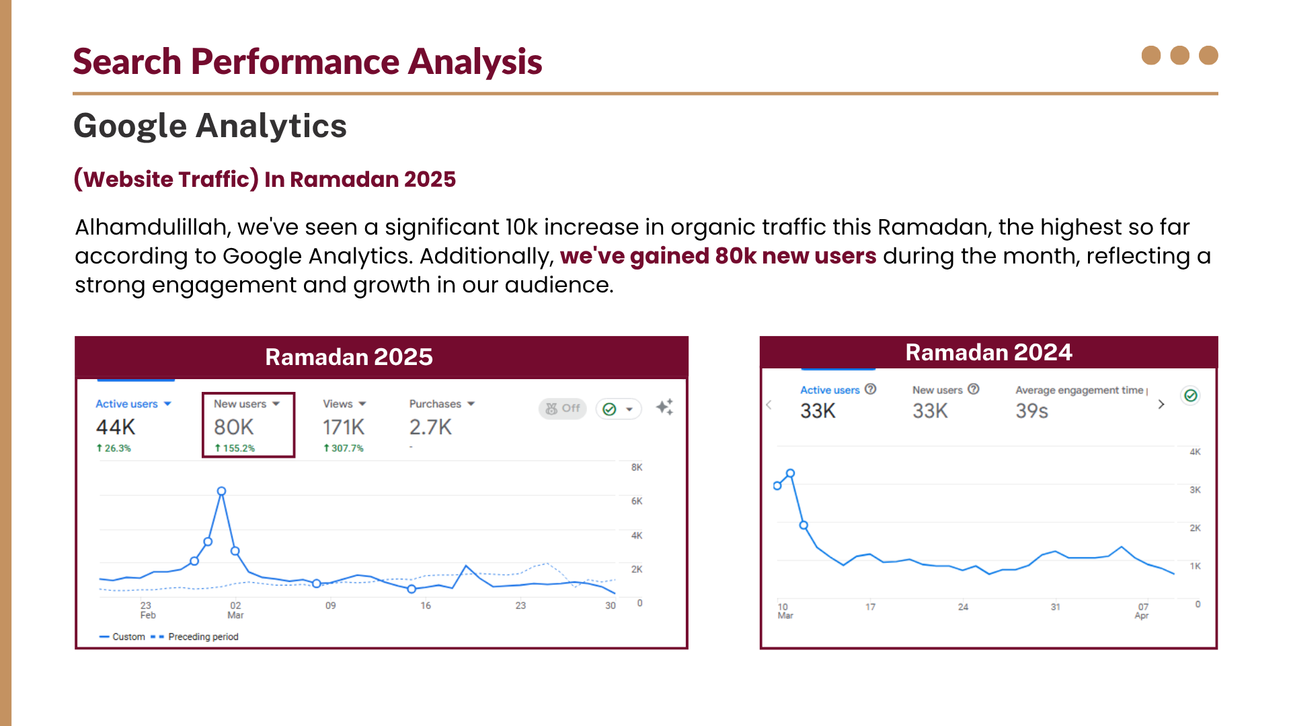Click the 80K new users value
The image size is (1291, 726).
click(x=233, y=427)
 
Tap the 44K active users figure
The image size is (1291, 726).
click(x=116, y=427)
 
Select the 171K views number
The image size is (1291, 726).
click(x=343, y=427)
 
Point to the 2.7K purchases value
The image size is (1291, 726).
click(x=430, y=427)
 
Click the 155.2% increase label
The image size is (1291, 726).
click(x=235, y=448)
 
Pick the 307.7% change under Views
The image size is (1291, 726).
click(x=344, y=448)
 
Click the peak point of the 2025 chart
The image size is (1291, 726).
click(x=221, y=491)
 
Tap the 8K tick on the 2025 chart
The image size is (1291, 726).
click(x=636, y=467)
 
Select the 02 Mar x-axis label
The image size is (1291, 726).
click(x=235, y=610)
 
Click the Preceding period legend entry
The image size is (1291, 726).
click(x=202, y=637)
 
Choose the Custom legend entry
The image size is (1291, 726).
click(x=128, y=637)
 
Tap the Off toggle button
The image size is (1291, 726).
click(x=563, y=408)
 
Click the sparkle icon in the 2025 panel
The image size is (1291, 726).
click(x=664, y=407)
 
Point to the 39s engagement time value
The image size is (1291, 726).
click(x=1031, y=411)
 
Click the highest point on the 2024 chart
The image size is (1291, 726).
click(x=791, y=474)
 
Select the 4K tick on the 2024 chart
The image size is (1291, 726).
click(x=1195, y=452)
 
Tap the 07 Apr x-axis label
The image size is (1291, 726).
click(x=1142, y=610)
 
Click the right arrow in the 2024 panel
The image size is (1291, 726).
click(x=1161, y=404)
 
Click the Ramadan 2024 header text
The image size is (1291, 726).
click(x=988, y=352)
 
